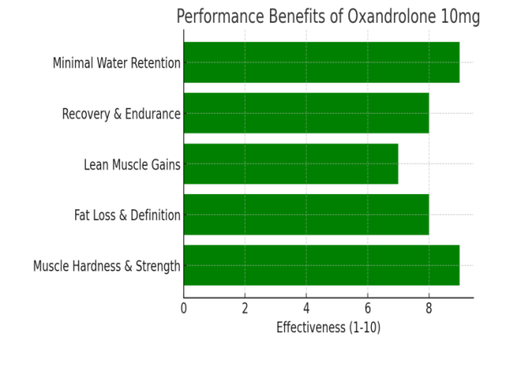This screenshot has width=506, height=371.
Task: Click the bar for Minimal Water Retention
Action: tap(321, 62)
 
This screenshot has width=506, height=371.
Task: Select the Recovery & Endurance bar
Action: tap(306, 113)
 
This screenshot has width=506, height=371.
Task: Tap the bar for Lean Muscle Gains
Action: tap(291, 164)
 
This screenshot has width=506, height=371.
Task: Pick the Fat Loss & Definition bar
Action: tap(306, 215)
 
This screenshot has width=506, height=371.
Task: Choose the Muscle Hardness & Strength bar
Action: tap(321, 266)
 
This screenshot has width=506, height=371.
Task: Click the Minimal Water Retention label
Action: tap(116, 63)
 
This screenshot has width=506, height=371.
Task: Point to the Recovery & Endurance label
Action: tap(121, 114)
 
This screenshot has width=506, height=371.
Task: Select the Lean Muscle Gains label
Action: tap(132, 164)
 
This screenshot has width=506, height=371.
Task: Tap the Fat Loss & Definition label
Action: tap(127, 215)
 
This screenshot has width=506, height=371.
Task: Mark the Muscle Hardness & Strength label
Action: tap(107, 266)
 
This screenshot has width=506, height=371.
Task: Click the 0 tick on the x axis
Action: tap(184, 308)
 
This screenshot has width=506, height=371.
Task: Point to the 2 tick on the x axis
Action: tap(245, 308)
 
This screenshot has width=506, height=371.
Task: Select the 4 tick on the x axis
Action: tap(306, 308)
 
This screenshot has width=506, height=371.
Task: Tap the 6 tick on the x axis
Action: tap(368, 308)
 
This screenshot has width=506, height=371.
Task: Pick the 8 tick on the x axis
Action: tap(428, 308)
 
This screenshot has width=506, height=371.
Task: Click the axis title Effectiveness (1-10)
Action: tap(328, 327)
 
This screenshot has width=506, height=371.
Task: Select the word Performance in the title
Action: tap(218, 18)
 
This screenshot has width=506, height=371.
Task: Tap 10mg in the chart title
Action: tap(461, 18)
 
